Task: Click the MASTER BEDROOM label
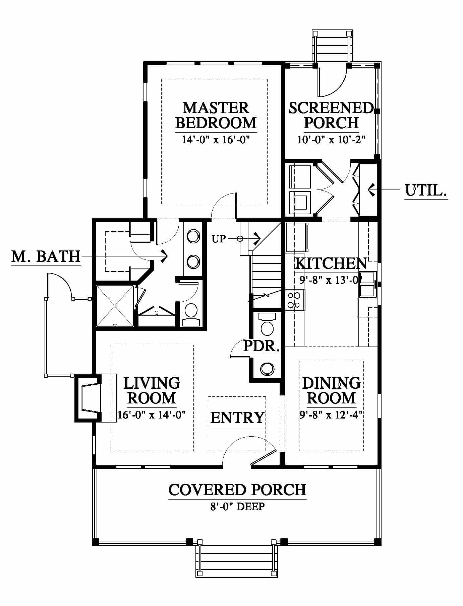(216, 116)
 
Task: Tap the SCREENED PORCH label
(331, 116)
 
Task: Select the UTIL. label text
(426, 191)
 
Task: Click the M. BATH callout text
(46, 256)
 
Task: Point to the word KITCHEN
(331, 263)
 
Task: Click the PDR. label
(262, 346)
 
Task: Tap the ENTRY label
(237, 418)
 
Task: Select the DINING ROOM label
(331, 390)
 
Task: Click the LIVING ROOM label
(152, 390)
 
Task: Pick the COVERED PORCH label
(237, 489)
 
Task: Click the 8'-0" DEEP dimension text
(237, 507)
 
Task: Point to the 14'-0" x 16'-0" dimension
(216, 139)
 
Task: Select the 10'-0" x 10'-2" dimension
(331, 139)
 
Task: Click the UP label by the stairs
(219, 239)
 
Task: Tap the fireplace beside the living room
(88, 398)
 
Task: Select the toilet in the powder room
(267, 325)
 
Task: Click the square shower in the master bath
(115, 306)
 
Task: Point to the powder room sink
(268, 369)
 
